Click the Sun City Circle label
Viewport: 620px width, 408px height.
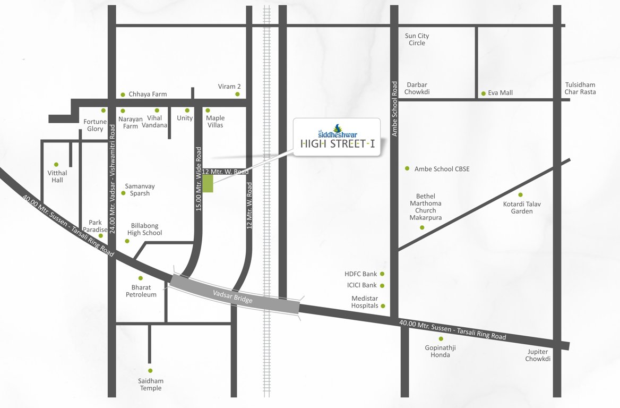417,39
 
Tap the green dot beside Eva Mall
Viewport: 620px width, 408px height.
483,93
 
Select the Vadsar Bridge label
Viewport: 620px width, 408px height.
233,296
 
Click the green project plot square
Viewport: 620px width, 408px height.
208,183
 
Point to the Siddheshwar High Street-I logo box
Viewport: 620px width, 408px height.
337,137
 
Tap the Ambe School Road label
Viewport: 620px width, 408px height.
394,109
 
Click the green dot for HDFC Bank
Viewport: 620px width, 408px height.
382,274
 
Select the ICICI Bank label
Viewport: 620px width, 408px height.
361,285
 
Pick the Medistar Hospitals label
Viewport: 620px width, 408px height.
365,302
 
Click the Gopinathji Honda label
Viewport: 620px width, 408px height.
441,351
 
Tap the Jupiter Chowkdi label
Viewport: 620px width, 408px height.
538,355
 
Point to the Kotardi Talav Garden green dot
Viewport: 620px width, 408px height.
520,195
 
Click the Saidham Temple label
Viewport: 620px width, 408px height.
151,385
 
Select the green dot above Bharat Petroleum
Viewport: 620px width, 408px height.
141,278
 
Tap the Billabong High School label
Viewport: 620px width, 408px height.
144,229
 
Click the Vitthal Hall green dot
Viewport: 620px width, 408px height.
56,165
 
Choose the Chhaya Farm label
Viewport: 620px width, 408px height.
148,94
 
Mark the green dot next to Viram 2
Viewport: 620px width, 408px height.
237,94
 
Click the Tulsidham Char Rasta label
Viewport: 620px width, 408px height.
580,88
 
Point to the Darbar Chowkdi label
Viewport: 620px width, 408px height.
417,88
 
